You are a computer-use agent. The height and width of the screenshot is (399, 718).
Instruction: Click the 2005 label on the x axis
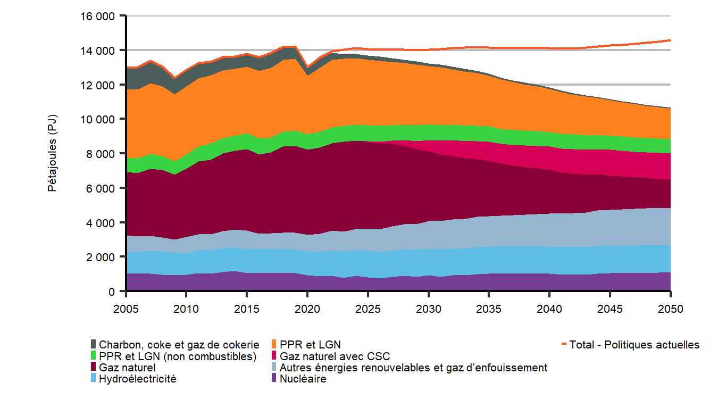[x=126, y=309]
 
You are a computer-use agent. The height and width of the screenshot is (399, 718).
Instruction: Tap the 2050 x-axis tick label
[x=670, y=309]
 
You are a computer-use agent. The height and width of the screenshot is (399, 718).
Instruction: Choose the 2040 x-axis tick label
[x=549, y=309]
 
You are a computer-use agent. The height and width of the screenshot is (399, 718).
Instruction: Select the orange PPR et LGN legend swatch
[x=274, y=345]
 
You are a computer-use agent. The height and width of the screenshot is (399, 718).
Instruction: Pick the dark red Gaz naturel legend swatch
[x=94, y=368]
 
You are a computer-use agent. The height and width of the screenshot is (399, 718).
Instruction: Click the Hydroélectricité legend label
[x=138, y=379]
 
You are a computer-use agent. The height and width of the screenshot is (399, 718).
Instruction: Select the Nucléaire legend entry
[x=303, y=379]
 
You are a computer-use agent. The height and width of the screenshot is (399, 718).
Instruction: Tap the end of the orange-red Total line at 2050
[x=670, y=40]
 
